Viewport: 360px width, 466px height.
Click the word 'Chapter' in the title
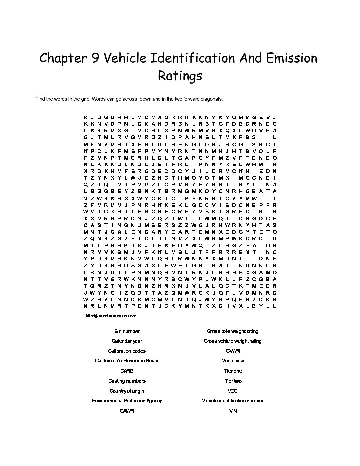pos(61,58)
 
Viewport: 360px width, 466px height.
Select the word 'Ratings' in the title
pos(180,76)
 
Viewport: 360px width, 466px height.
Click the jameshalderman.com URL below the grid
pos(111,316)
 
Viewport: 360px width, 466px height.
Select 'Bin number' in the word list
pos(127,331)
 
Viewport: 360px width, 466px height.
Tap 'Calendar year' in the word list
pos(127,341)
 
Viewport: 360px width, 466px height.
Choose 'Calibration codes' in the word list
pos(127,351)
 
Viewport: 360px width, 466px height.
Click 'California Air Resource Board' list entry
pos(127,361)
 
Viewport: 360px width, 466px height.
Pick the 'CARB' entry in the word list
pos(127,371)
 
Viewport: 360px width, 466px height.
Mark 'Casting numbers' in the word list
pos(127,381)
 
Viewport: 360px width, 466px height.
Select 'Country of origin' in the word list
pos(127,391)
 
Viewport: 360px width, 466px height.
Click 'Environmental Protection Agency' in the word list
pos(127,401)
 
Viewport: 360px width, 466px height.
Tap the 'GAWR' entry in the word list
pos(127,411)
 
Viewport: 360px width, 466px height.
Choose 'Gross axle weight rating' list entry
pos(233,331)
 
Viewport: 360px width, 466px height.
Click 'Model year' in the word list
pos(233,361)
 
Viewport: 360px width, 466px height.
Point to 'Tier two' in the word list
pos(233,381)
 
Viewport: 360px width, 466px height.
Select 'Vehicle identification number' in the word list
pos(233,401)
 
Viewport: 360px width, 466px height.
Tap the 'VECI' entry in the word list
pos(233,391)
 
